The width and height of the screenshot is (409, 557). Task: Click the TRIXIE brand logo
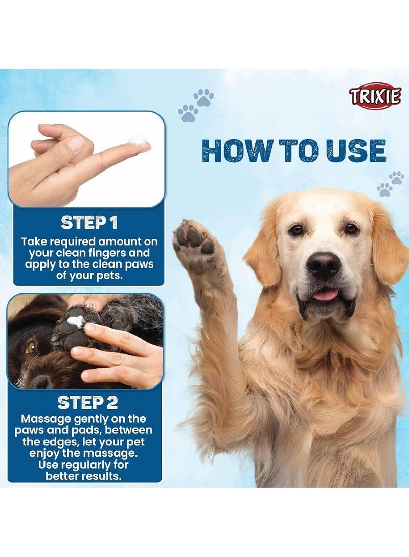point(375,96)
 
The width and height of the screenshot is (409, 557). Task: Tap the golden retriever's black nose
point(323,265)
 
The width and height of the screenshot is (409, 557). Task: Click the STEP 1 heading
point(89,223)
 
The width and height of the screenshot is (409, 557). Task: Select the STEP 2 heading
point(88,402)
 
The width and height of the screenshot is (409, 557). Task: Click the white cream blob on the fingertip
point(138,139)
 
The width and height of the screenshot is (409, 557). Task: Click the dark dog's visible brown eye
point(31,346)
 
